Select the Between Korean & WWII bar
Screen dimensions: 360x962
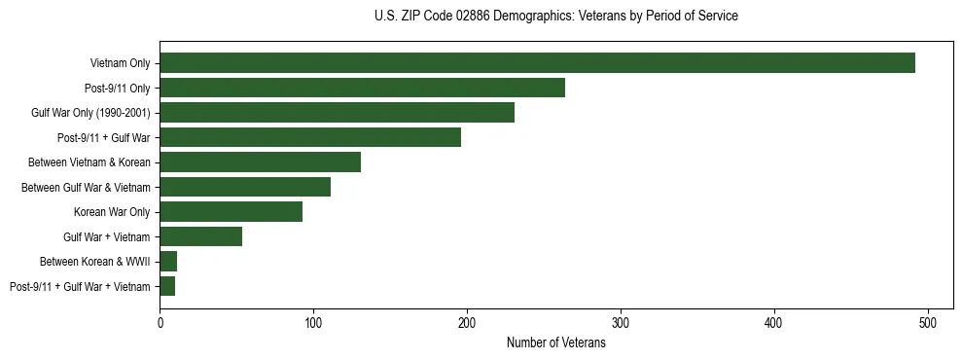168,262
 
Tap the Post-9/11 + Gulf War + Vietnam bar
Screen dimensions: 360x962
167,286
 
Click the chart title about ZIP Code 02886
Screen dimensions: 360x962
555,17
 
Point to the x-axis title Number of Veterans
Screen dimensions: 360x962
555,342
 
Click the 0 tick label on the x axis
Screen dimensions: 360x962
160,322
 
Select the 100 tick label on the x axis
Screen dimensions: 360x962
313,322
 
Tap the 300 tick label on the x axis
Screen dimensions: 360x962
621,322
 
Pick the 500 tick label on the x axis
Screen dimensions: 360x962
928,322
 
